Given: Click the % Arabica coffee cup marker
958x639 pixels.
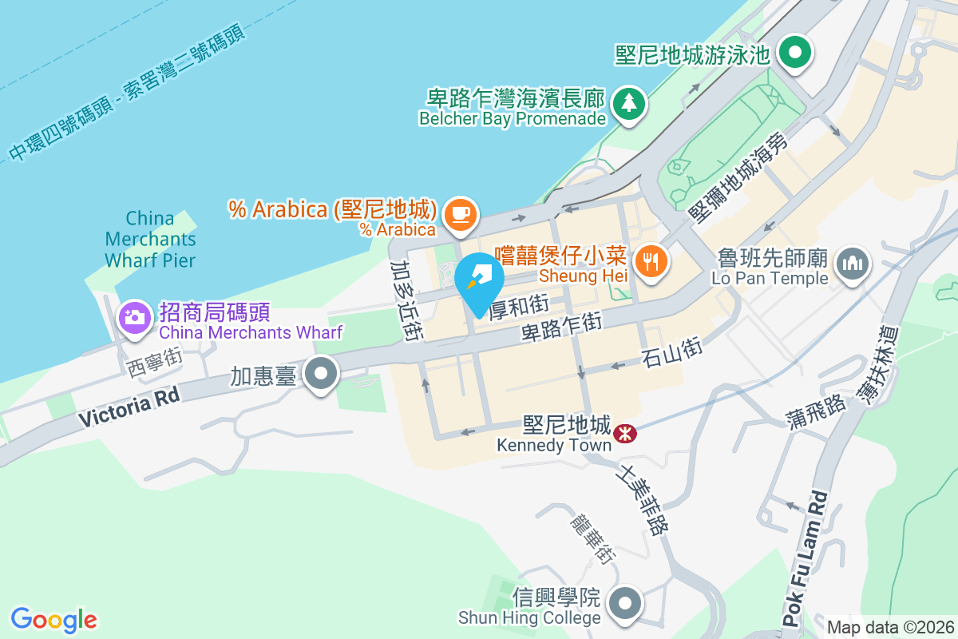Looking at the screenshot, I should coord(461,215).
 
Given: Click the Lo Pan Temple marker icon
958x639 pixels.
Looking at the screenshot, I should coord(852,263).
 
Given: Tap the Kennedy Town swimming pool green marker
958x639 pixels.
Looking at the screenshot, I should coord(794,54).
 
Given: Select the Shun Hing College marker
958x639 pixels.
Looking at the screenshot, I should coord(626,603).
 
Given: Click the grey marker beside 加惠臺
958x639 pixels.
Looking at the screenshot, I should coord(323,374).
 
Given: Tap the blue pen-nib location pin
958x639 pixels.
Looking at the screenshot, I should coord(479,282).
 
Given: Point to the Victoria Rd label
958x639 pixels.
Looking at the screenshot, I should coord(127,406).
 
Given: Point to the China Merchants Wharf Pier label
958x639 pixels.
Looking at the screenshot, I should coord(150,238).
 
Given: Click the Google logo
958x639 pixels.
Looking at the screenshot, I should coord(53,619).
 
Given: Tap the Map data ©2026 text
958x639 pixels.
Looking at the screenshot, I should coord(889,627).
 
